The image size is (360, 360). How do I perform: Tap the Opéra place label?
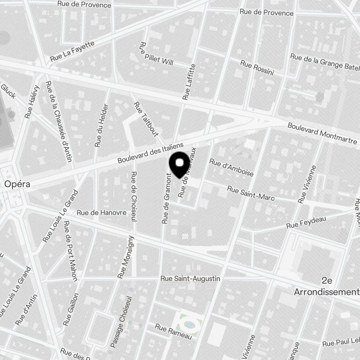pyautogui.click(x=17, y=184)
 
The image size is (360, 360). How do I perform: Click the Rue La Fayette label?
pyautogui.click(x=72, y=51)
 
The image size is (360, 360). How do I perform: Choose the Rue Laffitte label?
pyautogui.click(x=189, y=82)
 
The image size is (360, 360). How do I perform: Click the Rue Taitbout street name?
pyautogui.click(x=146, y=119)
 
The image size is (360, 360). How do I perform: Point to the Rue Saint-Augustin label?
pyautogui.click(x=190, y=279)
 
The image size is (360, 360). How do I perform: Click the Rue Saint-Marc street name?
pyautogui.click(x=251, y=193)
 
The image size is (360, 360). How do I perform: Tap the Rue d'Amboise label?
pyautogui.click(x=231, y=168)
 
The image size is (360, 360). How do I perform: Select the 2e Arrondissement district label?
pyautogui.click(x=327, y=286)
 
